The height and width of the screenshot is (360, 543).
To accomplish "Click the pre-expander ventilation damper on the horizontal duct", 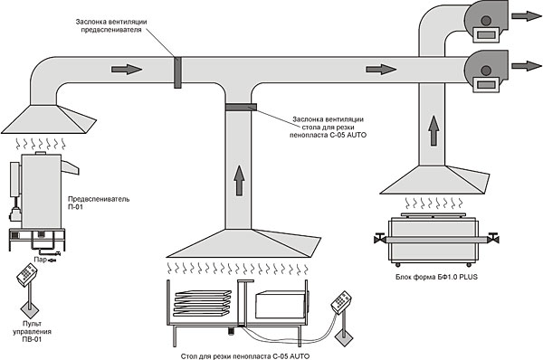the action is point(177,72).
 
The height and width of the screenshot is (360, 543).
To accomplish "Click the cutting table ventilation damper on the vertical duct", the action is point(241,107).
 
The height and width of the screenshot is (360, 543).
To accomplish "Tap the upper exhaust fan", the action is point(486,22).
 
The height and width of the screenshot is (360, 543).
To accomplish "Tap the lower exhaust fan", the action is point(486,71).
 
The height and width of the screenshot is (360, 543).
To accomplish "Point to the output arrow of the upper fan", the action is point(527,16).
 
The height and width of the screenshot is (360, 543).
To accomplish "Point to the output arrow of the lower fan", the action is point(527,66).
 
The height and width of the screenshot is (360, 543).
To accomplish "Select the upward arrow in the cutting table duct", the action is point(239,180).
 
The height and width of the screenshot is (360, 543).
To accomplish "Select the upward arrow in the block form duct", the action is point(433,131).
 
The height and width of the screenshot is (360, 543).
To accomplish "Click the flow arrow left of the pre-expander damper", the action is point(127,70).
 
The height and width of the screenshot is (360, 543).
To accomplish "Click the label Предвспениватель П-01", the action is point(99,203).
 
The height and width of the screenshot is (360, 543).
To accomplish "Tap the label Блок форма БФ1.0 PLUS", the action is point(436,277).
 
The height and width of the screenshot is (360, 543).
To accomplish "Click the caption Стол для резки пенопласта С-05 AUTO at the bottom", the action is point(245,356).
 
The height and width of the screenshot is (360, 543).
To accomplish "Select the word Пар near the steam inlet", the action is point(40,260).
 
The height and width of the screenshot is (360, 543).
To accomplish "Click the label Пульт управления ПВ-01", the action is point(32,332).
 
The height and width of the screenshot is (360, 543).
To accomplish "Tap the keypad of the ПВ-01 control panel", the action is point(26,275).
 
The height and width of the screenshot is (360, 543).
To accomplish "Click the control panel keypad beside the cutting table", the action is point(341,302).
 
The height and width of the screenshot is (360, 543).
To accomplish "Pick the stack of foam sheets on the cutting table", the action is point(202,303).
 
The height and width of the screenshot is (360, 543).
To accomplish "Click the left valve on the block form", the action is point(380,239).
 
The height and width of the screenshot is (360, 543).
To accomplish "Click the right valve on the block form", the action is point(493,239).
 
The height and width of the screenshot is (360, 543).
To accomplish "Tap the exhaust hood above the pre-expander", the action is point(49,119).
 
